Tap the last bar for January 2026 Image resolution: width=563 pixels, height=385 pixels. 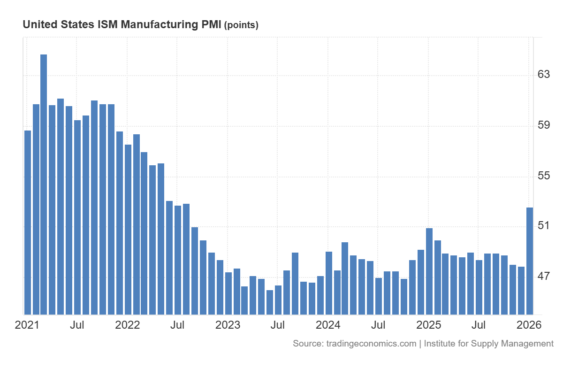(530, 261)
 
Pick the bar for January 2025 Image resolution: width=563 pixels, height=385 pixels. (429, 271)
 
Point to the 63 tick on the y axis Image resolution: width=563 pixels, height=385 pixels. (543, 75)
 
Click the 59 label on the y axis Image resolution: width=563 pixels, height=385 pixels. (543, 125)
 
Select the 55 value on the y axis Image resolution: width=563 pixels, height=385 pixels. (543, 176)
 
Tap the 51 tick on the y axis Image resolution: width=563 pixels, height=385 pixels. (543, 226)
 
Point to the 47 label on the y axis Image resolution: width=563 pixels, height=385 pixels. (543, 276)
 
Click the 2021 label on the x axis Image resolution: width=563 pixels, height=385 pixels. (27, 325)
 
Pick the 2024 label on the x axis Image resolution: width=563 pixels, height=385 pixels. (328, 325)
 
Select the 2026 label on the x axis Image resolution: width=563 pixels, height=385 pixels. (529, 325)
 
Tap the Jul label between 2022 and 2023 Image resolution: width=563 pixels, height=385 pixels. (177, 325)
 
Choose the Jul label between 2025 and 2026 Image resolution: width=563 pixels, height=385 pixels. (479, 325)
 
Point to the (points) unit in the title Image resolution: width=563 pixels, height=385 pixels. (242, 25)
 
